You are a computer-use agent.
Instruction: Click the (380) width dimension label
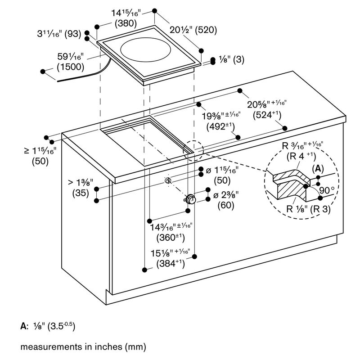tap(126, 23)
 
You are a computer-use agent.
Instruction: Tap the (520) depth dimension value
tap(206, 30)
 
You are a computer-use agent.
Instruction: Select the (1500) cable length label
tap(71, 67)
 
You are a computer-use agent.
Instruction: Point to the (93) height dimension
tap(73, 34)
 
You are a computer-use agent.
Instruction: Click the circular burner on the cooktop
tap(145, 51)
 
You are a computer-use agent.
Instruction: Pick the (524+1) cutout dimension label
tap(267, 115)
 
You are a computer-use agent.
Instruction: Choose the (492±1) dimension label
tap(220, 126)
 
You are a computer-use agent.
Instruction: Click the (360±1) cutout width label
tap(171, 238)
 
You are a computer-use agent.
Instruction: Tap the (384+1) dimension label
tap(171, 263)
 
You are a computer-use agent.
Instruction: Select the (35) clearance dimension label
tap(81, 193)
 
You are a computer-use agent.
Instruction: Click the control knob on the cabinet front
tap(190, 199)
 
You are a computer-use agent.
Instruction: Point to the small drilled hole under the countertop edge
tap(168, 181)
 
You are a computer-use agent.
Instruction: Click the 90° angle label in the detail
tap(327, 190)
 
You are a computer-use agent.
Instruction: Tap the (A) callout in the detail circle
tap(318, 169)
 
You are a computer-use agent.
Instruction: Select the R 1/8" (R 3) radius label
tap(308, 209)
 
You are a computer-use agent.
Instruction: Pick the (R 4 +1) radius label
tap(301, 156)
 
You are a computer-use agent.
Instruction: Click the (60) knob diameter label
tap(226, 205)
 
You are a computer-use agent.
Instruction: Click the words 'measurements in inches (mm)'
tap(83, 346)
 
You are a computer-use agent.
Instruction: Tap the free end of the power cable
tap(58, 81)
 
